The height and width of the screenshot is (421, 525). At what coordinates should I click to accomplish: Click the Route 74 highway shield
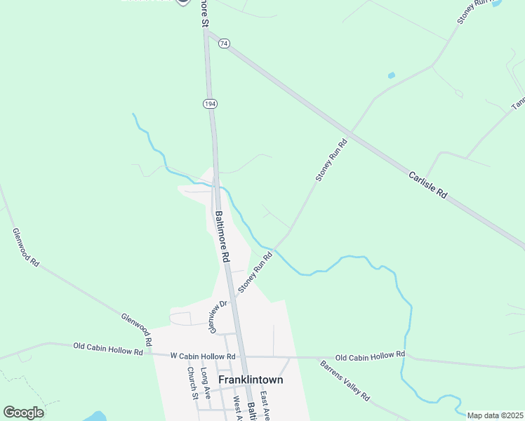[223, 44]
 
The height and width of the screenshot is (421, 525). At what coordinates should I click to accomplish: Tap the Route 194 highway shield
[210, 103]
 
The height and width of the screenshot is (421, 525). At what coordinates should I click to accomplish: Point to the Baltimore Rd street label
[222, 237]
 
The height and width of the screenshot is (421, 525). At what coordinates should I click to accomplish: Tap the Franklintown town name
[251, 380]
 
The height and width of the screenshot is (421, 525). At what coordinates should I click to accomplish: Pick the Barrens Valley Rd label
[345, 380]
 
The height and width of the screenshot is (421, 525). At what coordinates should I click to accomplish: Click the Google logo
[23, 412]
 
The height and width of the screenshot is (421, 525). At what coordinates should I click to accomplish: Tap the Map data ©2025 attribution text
[495, 415]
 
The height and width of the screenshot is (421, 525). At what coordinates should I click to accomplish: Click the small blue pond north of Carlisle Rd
[391, 75]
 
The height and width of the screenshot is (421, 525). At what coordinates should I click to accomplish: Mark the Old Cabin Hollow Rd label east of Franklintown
[370, 356]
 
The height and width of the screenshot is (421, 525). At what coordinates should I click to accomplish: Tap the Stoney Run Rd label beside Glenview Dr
[255, 274]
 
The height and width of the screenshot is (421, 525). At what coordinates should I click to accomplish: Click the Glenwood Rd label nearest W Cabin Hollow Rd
[137, 330]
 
